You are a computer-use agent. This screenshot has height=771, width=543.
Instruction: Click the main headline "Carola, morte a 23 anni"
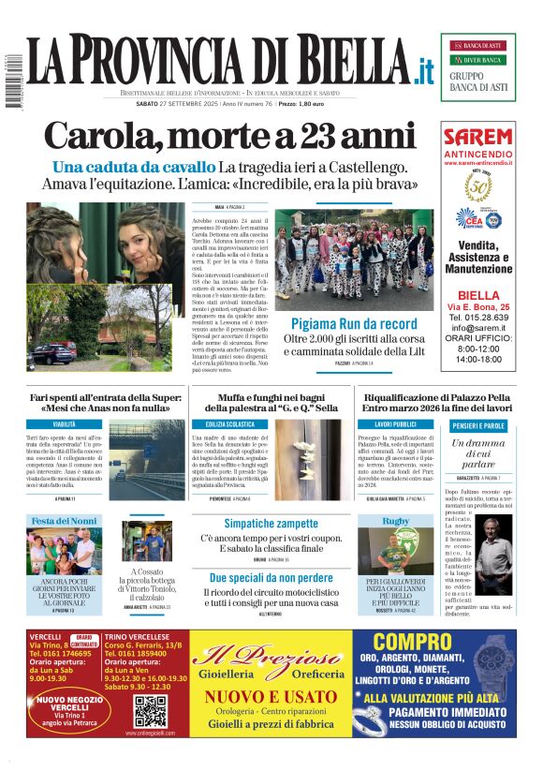(229, 137)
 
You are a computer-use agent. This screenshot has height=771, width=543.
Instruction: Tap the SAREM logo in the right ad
(477, 137)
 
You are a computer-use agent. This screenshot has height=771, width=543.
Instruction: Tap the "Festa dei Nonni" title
(65, 520)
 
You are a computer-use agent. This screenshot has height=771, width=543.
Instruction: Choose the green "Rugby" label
(396, 520)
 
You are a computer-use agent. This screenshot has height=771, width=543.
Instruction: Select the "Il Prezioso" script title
(271, 656)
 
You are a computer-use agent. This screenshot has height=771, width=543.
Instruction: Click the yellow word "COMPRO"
(413, 643)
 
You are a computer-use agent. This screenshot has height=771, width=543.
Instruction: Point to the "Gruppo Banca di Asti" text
(477, 82)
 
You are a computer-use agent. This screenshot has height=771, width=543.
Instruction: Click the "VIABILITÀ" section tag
(65, 424)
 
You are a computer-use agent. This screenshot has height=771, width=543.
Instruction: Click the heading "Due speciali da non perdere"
(270, 578)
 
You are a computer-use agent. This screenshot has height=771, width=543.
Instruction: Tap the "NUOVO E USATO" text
(271, 696)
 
